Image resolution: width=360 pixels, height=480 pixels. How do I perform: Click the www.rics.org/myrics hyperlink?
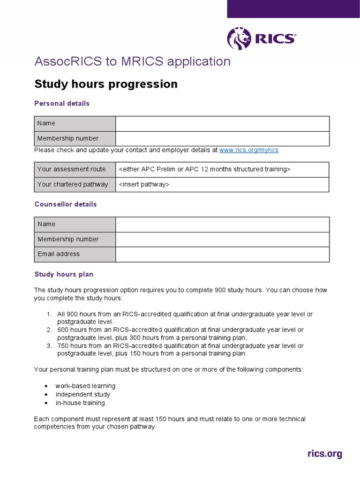coord(248,150)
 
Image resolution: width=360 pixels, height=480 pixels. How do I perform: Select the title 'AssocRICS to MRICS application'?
coord(133,62)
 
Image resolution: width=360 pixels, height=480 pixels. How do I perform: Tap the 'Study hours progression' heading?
coord(106,84)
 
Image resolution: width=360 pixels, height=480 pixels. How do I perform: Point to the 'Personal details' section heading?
coord(62,103)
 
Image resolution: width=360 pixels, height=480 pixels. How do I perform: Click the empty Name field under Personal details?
coord(222,123)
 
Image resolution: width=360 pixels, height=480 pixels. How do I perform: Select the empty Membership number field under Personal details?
coord(222,138)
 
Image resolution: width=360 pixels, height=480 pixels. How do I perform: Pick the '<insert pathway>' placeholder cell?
coord(222,184)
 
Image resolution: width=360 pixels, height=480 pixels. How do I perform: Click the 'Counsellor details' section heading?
coord(66,204)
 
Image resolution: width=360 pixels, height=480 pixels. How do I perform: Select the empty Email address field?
coord(222,254)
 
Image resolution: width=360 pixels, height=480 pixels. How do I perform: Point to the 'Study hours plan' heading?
coord(64,274)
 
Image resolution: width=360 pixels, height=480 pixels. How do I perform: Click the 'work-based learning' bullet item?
coord(85,386)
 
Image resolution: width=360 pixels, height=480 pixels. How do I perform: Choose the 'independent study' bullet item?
coord(83,394)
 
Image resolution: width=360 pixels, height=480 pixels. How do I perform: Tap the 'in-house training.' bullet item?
coord(81,403)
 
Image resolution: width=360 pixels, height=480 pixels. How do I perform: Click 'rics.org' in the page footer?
coord(324,454)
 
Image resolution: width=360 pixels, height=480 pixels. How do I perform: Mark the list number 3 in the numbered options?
coord(49,346)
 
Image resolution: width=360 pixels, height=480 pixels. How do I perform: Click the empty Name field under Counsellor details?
coord(222,224)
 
